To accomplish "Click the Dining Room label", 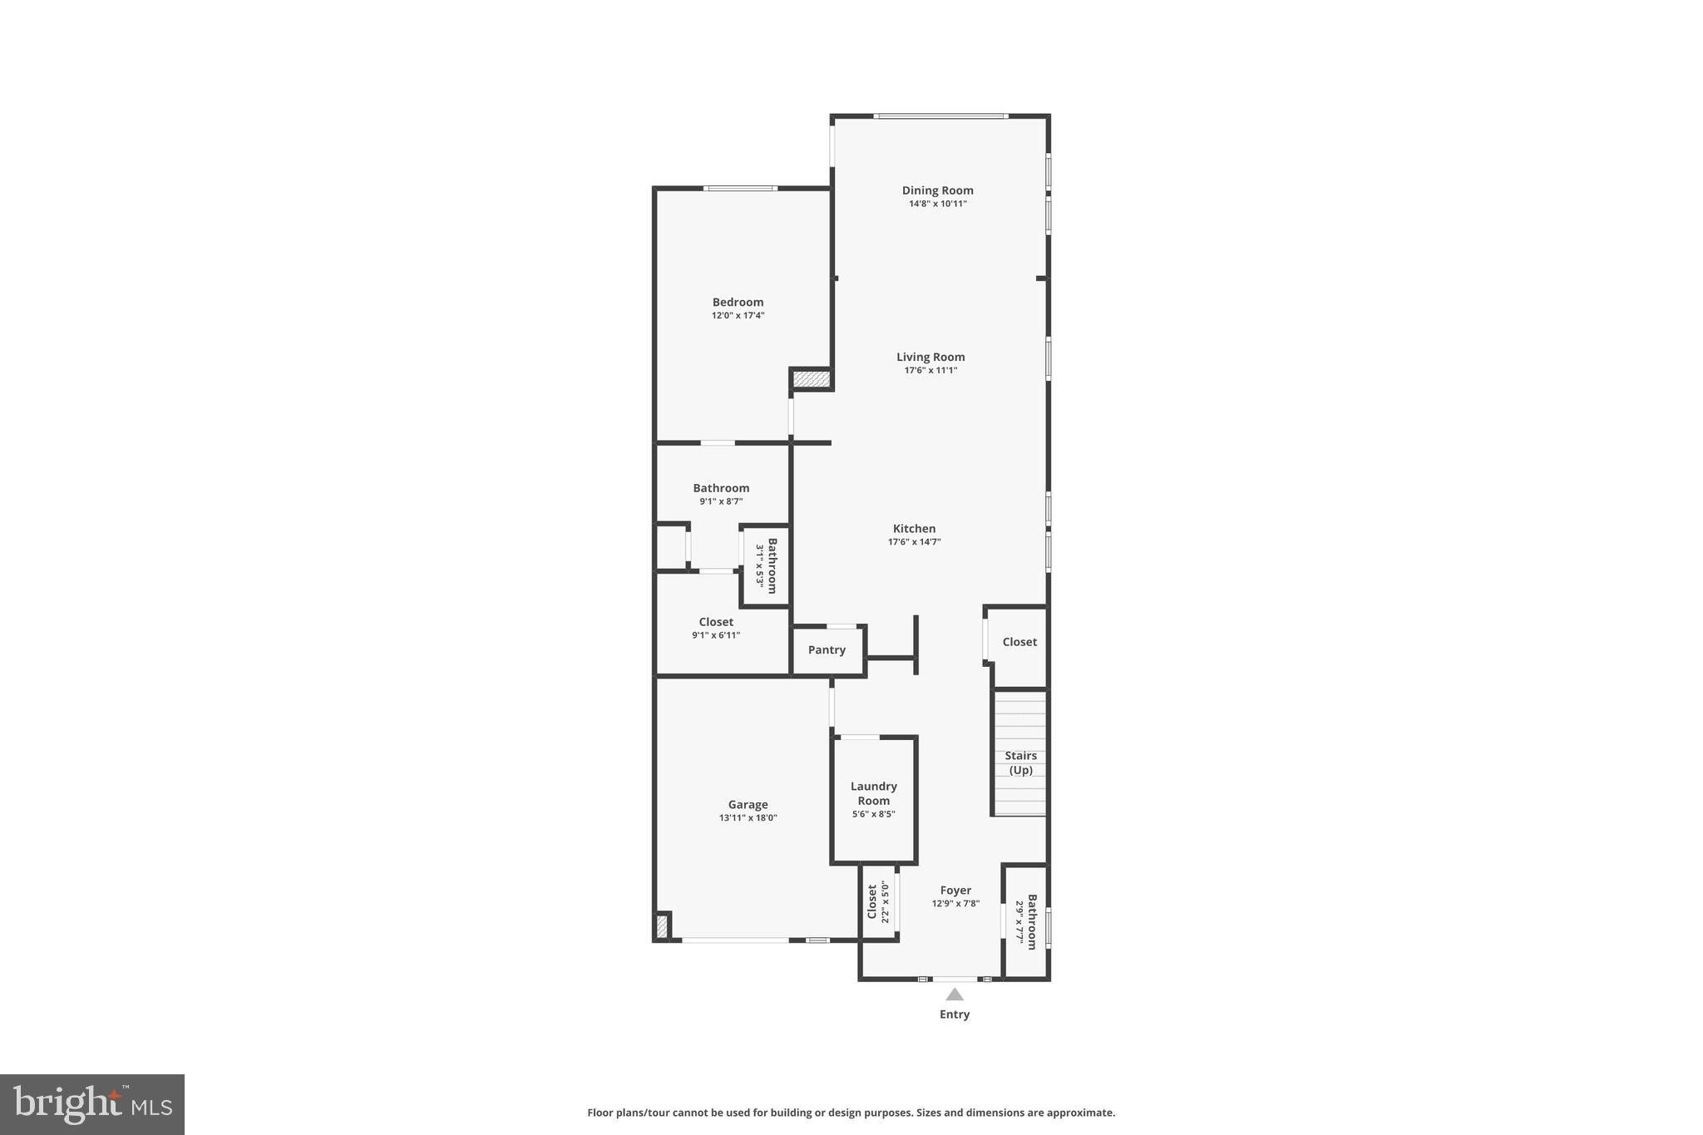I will click(x=937, y=190).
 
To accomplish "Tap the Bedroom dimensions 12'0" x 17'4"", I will click(x=738, y=316).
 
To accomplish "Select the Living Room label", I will click(x=930, y=358).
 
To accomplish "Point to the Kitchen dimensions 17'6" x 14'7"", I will click(x=914, y=542).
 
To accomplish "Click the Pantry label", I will click(x=827, y=650).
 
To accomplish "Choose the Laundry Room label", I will click(x=873, y=793).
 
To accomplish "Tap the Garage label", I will click(x=748, y=805).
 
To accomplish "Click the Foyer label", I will click(x=955, y=891).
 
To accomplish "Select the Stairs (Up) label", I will click(x=1020, y=762).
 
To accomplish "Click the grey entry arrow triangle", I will click(x=955, y=994).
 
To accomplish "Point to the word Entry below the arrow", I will click(x=955, y=1014).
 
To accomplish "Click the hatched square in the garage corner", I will click(x=662, y=926).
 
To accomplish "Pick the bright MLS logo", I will click(x=92, y=1104).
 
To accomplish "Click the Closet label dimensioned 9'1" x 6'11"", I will click(x=716, y=622).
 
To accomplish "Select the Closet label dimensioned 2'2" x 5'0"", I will click(x=872, y=902).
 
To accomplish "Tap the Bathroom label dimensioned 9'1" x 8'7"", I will click(x=721, y=488).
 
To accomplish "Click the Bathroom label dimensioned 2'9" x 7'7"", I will click(x=1032, y=921).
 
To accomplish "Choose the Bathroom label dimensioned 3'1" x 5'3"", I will click(x=773, y=565).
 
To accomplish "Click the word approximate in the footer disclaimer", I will click(x=1080, y=1113).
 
